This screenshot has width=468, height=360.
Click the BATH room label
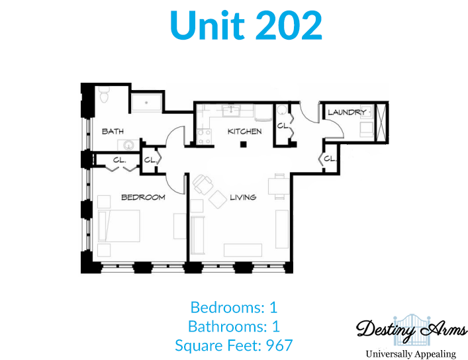(x=113, y=131)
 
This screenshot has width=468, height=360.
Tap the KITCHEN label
(x=244, y=131)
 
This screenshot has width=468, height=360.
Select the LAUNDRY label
(x=347, y=112)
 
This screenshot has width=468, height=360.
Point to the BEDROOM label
(x=143, y=197)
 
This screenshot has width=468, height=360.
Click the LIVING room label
(x=243, y=197)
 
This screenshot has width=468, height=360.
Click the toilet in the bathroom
(x=104, y=95)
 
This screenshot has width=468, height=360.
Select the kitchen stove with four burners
(x=204, y=137)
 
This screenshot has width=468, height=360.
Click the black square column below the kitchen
(x=244, y=145)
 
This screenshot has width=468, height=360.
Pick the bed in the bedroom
(x=119, y=226)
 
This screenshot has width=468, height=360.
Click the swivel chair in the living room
(x=203, y=184)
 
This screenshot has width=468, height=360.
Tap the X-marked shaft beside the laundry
(x=381, y=122)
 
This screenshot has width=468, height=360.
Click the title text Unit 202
(x=246, y=25)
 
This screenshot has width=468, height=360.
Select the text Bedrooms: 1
(x=234, y=307)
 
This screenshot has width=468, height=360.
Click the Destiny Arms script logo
(x=411, y=330)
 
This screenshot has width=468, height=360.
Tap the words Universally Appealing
(x=411, y=354)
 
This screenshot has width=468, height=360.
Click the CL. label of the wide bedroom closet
(x=120, y=160)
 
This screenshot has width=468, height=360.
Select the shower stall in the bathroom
(x=146, y=103)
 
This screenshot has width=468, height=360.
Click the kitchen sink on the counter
(x=231, y=110)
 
